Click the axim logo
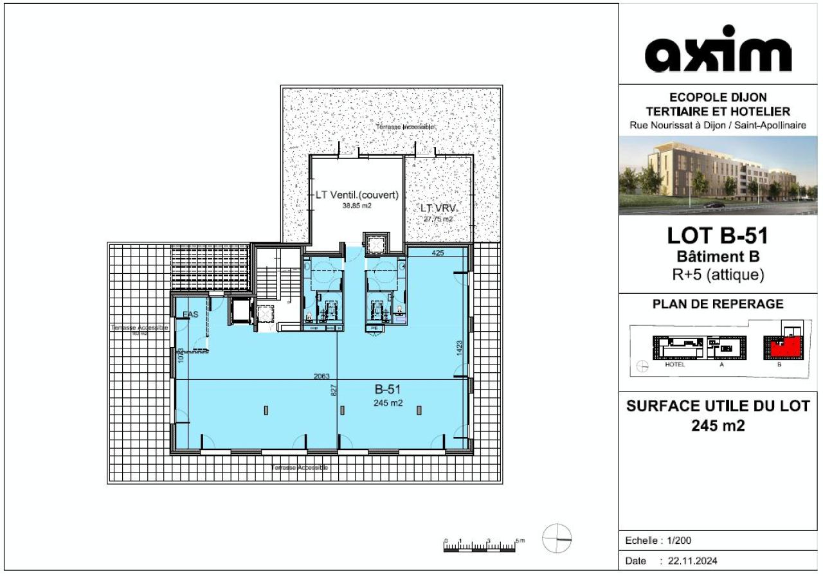718,50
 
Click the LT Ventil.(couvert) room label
357,195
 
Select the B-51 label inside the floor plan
388,389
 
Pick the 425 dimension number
438,253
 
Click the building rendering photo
718,175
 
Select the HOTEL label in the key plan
675,364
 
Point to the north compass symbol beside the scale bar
556,538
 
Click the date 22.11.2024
692,561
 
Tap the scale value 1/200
678,540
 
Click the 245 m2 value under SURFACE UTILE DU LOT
718,425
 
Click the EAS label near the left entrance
190,314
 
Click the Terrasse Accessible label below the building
300,467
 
